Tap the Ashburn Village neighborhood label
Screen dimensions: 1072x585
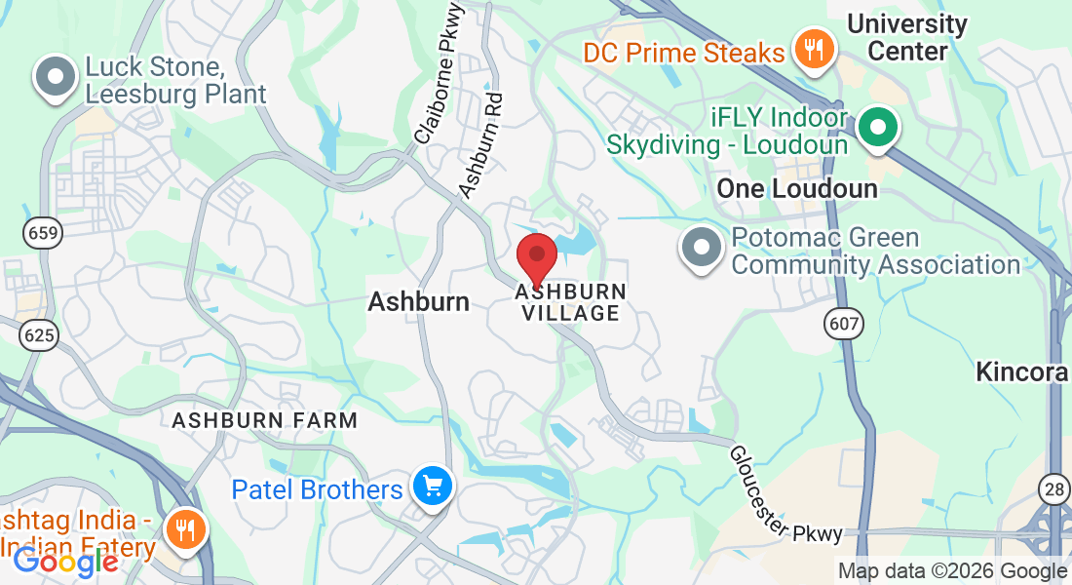(x=571, y=302)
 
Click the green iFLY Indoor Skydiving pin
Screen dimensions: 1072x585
(x=878, y=128)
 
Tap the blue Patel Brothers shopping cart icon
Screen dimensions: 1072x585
(x=431, y=486)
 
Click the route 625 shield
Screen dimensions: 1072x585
(x=40, y=335)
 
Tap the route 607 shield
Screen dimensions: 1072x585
(x=840, y=323)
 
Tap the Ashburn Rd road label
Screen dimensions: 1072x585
(x=481, y=144)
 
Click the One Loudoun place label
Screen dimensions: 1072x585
(x=797, y=188)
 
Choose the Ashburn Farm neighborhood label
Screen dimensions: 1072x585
(x=265, y=420)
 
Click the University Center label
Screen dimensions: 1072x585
(x=906, y=37)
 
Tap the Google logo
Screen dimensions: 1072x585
(x=64, y=562)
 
